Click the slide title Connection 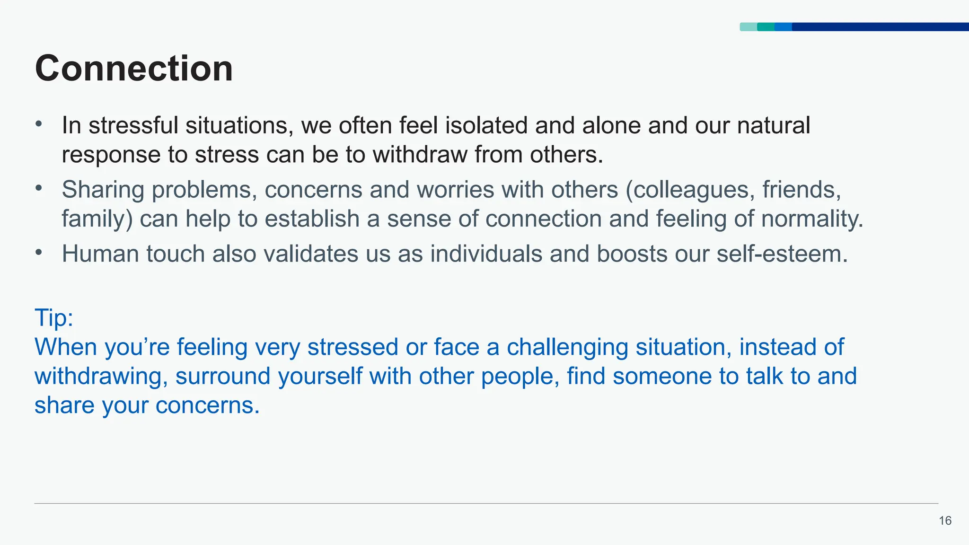(x=134, y=69)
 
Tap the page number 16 (x=945, y=521)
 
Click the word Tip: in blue (x=54, y=317)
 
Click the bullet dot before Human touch (x=39, y=252)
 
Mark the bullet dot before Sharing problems (x=39, y=188)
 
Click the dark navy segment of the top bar (x=880, y=27)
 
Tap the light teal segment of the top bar (x=748, y=27)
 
